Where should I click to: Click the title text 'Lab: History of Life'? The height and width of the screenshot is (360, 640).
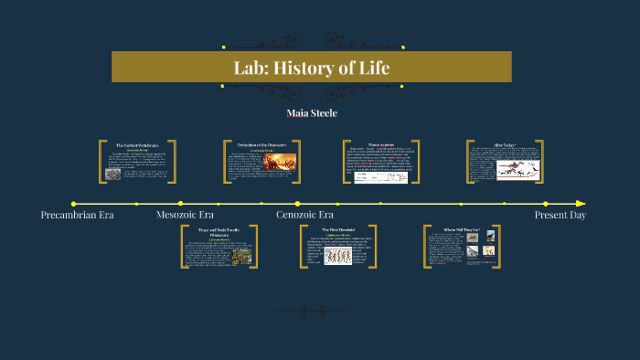312,67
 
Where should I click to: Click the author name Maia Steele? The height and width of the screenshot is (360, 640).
312,113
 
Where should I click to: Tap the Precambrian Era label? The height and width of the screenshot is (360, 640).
77,215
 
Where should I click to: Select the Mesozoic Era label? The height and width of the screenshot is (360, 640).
186,215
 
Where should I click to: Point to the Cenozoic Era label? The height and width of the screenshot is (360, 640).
304,215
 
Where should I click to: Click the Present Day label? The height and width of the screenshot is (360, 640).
560,215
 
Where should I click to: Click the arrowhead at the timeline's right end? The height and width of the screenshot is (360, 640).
581,204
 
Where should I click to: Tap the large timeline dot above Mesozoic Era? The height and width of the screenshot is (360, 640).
181,203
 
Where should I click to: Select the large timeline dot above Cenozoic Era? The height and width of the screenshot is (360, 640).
297,203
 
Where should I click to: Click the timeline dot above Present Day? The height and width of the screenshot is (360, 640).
546,204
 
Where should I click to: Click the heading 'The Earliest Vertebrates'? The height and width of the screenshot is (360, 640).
137,145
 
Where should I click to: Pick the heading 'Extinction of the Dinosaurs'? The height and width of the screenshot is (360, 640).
262,145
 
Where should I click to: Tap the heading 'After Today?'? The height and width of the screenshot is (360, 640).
506,144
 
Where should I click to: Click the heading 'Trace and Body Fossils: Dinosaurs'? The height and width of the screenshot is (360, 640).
219,232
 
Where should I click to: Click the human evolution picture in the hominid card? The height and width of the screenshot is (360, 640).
338,256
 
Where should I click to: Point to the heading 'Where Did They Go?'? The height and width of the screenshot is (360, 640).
462,229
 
